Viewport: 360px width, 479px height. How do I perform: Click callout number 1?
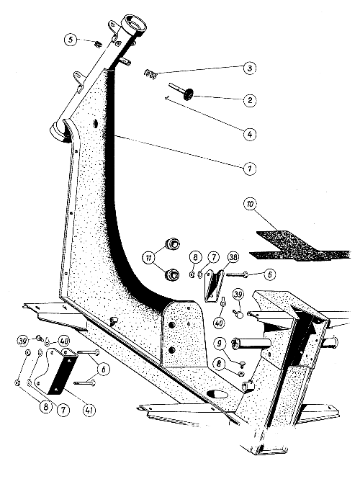click(249, 168)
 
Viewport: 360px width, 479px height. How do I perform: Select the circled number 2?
click(250, 100)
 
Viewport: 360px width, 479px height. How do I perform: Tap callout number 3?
click(250, 68)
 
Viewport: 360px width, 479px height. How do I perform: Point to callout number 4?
click(250, 134)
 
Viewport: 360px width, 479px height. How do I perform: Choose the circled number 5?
click(71, 40)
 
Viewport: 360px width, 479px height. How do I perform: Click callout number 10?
click(250, 204)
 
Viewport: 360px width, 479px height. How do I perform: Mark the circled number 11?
click(149, 258)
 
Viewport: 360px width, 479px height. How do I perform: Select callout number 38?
click(233, 258)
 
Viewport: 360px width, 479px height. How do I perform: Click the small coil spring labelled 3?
click(150, 73)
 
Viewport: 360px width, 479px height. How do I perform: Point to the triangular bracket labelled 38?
click(214, 286)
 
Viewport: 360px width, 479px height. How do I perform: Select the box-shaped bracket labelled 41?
click(60, 370)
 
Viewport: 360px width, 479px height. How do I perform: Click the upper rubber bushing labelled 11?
click(172, 244)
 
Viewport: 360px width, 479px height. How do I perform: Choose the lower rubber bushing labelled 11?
click(172, 274)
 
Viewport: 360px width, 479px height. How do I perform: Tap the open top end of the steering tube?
click(135, 22)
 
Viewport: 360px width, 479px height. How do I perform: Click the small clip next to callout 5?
click(98, 44)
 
